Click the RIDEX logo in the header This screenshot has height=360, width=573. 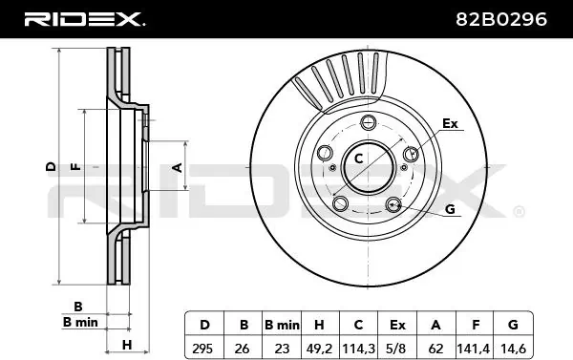(x=84, y=19)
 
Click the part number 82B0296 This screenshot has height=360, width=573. (x=501, y=19)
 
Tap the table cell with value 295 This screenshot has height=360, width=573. (x=202, y=349)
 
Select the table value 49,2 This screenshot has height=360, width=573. (x=319, y=349)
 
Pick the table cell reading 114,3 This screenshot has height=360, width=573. (x=358, y=349)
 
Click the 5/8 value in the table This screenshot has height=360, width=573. (x=397, y=349)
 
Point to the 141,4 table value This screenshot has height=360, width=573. (x=474, y=349)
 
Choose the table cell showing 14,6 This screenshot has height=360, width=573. (x=513, y=349)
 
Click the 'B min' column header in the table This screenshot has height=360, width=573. (x=282, y=325)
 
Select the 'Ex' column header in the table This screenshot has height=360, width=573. (x=397, y=325)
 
